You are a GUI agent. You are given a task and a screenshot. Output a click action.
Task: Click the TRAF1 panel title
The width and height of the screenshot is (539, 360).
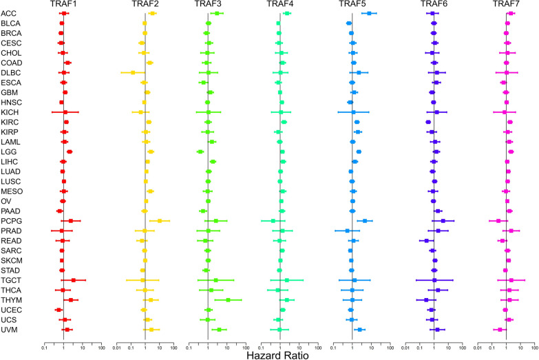point(63,4)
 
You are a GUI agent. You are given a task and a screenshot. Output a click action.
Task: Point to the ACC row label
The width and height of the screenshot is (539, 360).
point(9,13)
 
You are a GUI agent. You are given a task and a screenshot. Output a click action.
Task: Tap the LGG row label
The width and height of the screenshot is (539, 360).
point(9,151)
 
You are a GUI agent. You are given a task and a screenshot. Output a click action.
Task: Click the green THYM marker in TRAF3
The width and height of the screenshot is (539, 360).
point(228,300)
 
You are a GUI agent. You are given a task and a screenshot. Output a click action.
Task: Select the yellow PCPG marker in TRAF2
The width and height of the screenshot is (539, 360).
point(160,221)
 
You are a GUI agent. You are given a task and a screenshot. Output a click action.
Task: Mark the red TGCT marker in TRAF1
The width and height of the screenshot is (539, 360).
point(74,280)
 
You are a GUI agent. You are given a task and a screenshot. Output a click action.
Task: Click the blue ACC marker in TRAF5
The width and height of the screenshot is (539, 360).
point(369,13)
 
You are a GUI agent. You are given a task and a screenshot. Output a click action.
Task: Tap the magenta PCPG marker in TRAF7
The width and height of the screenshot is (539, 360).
point(498,221)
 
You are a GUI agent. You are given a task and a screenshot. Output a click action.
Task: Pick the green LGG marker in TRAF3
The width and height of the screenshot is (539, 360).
point(200,151)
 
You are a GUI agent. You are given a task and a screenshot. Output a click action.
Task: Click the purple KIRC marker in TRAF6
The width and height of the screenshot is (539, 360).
point(428,122)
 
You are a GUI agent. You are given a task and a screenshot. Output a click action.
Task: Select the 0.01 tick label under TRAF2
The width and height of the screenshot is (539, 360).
point(118,348)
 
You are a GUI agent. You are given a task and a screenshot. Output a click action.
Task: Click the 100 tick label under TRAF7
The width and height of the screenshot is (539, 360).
point(534,348)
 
